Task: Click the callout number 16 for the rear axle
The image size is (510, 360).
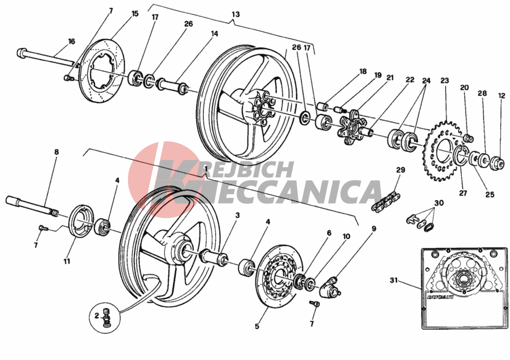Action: [71, 41]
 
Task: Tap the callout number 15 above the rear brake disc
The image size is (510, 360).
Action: [135, 14]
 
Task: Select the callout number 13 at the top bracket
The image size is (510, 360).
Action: [236, 14]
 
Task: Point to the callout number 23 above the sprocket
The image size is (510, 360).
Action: [445, 81]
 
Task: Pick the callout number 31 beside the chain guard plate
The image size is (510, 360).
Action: [394, 280]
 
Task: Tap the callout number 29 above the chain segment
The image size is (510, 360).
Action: [400, 170]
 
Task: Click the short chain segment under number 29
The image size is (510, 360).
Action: [386, 202]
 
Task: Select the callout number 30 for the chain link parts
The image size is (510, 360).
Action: [439, 203]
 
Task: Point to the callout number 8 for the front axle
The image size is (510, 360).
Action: [57, 152]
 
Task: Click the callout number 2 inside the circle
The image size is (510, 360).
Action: [97, 315]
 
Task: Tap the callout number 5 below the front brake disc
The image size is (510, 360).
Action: [257, 326]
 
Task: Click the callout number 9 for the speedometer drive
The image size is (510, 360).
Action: [374, 229]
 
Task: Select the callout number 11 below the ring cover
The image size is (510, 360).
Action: [67, 261]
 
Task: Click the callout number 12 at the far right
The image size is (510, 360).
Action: [501, 96]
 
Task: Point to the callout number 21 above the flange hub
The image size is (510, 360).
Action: [390, 78]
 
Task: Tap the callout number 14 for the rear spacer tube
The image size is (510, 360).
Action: [214, 34]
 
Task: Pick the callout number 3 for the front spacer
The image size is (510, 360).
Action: [238, 215]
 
